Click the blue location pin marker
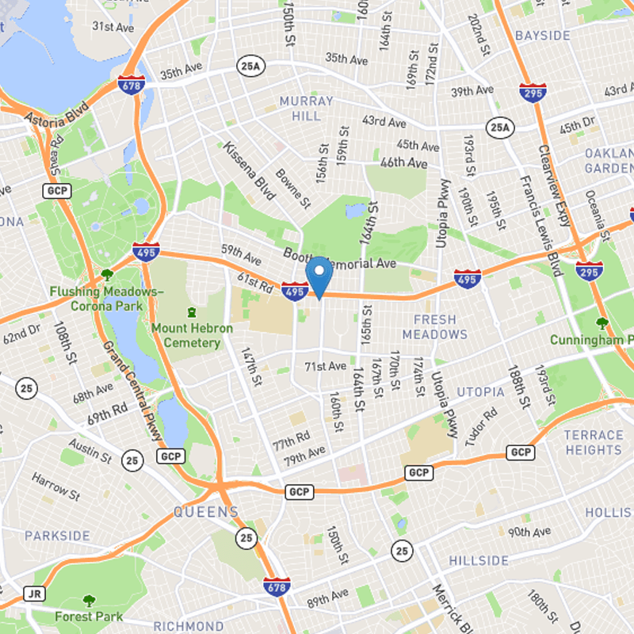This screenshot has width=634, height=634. coord(318,276)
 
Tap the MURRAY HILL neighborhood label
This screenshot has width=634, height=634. coord(300,109)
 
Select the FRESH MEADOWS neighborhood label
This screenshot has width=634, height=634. coord(434,327)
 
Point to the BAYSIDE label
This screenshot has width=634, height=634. coord(542,36)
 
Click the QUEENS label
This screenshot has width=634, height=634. coord(205,512)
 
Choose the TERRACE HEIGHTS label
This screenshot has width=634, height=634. coord(594,442)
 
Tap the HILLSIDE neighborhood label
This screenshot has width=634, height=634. coord(479,560)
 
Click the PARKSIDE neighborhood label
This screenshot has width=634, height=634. coord(57,536)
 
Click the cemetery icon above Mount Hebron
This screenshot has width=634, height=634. coord(190,312)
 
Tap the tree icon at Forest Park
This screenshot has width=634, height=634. coord(88,601)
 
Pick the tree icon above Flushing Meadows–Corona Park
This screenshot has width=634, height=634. coord(107,275)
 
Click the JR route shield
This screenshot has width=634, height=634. coord(33,593)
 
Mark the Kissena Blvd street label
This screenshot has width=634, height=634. coord(248,172)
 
